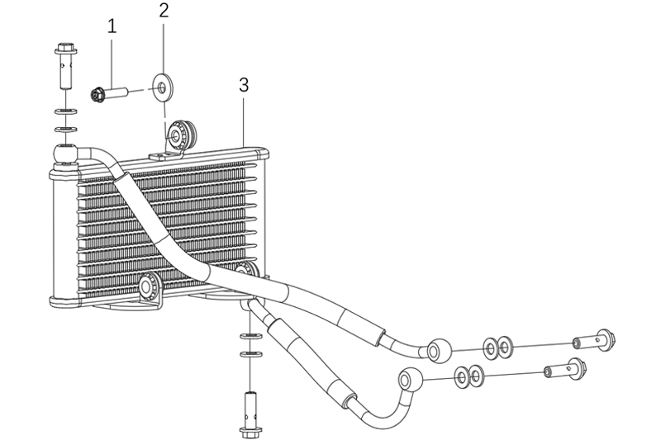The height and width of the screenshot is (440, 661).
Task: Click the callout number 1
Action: (x=112, y=26)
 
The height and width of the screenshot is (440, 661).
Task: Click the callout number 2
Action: (x=164, y=11)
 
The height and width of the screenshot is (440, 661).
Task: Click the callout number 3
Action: (x=244, y=85)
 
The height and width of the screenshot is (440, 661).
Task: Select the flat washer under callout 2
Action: (x=162, y=88)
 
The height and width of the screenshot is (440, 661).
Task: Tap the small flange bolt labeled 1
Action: (x=109, y=92)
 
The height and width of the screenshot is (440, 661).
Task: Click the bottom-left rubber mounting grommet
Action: (x=149, y=286)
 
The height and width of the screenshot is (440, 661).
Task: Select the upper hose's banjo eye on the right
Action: (x=439, y=349)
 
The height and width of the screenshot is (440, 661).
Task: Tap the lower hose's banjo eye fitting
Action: (x=410, y=380)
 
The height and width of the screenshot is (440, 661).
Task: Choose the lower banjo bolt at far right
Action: (x=565, y=369)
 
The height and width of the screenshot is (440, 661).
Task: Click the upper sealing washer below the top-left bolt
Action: (x=65, y=112)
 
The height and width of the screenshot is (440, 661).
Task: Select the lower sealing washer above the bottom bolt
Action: (x=251, y=353)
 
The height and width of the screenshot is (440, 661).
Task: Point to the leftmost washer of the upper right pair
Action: (x=490, y=348)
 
